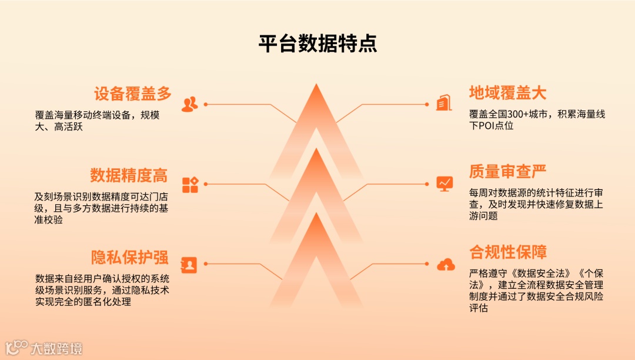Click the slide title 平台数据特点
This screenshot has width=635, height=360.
coord(317,44)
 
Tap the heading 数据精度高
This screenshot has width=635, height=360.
coord(129,175)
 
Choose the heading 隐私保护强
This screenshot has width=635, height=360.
coord(129,258)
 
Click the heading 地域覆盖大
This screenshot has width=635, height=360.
coord(507,93)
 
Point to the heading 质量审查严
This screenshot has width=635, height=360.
coord(507,172)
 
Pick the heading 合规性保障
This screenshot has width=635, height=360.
coord(507,253)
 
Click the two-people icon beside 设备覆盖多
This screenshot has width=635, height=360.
coord(189,105)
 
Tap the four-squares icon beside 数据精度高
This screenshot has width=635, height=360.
coord(190,185)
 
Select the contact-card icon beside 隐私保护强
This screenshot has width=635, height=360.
coord(189,265)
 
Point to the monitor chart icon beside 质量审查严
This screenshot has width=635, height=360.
coord(445,184)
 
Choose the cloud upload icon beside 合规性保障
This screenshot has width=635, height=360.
coord(446,265)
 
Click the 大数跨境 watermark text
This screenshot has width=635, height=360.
coord(56,348)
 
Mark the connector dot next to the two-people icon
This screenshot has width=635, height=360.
coord(206,105)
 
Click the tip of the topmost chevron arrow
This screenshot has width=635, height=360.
coord(317,85)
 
